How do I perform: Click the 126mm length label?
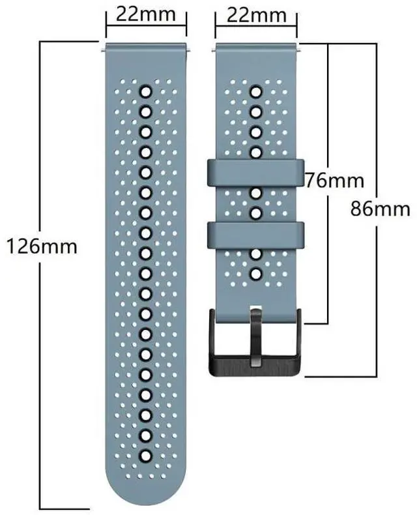(42, 246)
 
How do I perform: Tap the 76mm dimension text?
(335, 181)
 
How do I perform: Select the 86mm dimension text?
(381, 209)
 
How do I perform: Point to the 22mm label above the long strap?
(146, 14)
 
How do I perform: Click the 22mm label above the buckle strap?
(257, 15)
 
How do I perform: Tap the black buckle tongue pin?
(256, 336)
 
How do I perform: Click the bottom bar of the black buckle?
(255, 366)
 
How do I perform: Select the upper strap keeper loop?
(256, 173)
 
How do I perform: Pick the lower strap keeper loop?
(256, 235)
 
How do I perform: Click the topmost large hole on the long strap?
(145, 92)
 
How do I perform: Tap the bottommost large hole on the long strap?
(145, 456)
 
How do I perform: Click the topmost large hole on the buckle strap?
(256, 92)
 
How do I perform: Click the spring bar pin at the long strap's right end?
(189, 50)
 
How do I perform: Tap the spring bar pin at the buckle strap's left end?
(214, 50)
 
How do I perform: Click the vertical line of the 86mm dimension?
(376, 210)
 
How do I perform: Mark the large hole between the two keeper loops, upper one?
(256, 193)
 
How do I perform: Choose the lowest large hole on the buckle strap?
(256, 274)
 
